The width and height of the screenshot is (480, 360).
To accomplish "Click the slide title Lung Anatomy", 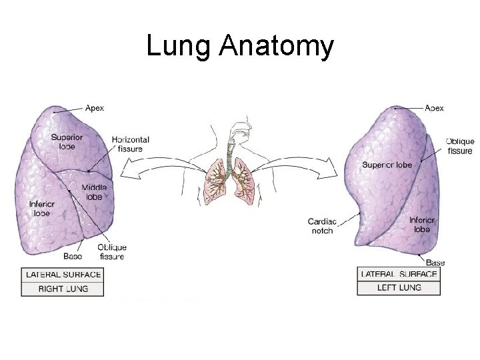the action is pyautogui.click(x=239, y=47).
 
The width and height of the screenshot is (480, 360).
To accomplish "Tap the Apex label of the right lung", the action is pyautogui.click(x=95, y=108).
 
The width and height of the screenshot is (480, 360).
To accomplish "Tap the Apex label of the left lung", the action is pyautogui.click(x=434, y=108).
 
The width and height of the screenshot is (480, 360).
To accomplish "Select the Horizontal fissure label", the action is pyautogui.click(x=131, y=143).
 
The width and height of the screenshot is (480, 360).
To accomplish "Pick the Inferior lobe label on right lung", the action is pyautogui.click(x=41, y=208).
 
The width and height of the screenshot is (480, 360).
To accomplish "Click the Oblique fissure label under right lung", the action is pyautogui.click(x=112, y=252).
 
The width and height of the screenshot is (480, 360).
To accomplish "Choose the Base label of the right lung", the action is pyautogui.click(x=73, y=256).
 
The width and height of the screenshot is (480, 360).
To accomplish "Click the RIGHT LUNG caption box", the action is pyautogui.click(x=63, y=289).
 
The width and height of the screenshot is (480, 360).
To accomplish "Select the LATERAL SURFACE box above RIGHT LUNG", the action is pyautogui.click(x=63, y=274).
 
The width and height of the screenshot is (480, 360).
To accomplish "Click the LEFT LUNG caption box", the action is pyautogui.click(x=399, y=288).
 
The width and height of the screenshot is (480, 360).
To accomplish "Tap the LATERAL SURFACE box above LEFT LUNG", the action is pyautogui.click(x=399, y=274).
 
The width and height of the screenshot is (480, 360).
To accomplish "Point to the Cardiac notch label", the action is pyautogui.click(x=321, y=225).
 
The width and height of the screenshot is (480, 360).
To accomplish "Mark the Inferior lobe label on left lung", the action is pyautogui.click(x=421, y=223).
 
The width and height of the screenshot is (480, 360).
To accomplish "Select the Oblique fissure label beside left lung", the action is pyautogui.click(x=460, y=146).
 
